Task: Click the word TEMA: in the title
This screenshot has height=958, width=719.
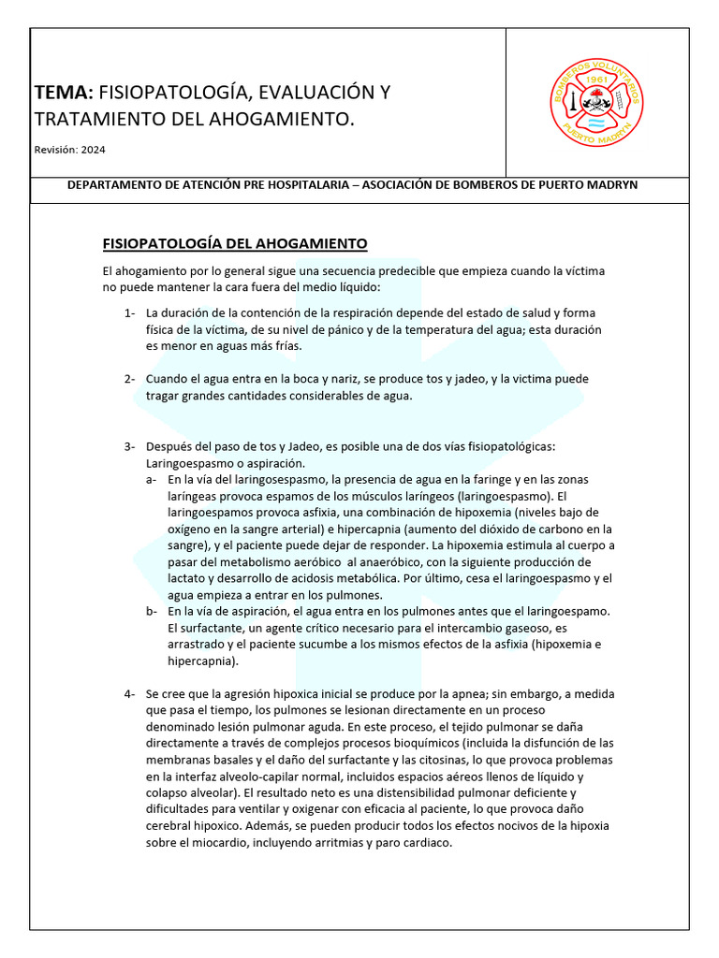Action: click(x=64, y=93)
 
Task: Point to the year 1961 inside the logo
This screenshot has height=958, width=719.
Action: click(x=596, y=80)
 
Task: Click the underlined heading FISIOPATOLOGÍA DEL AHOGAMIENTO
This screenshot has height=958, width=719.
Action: click(x=234, y=244)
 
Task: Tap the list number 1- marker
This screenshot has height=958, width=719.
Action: click(x=130, y=312)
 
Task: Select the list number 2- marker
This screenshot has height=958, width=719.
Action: click(x=130, y=379)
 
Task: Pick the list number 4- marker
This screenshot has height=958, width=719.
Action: click(x=130, y=694)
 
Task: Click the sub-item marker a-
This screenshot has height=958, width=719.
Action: click(x=151, y=479)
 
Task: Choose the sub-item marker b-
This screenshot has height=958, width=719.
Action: click(x=151, y=612)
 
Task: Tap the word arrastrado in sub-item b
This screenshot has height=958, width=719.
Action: click(x=199, y=646)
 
